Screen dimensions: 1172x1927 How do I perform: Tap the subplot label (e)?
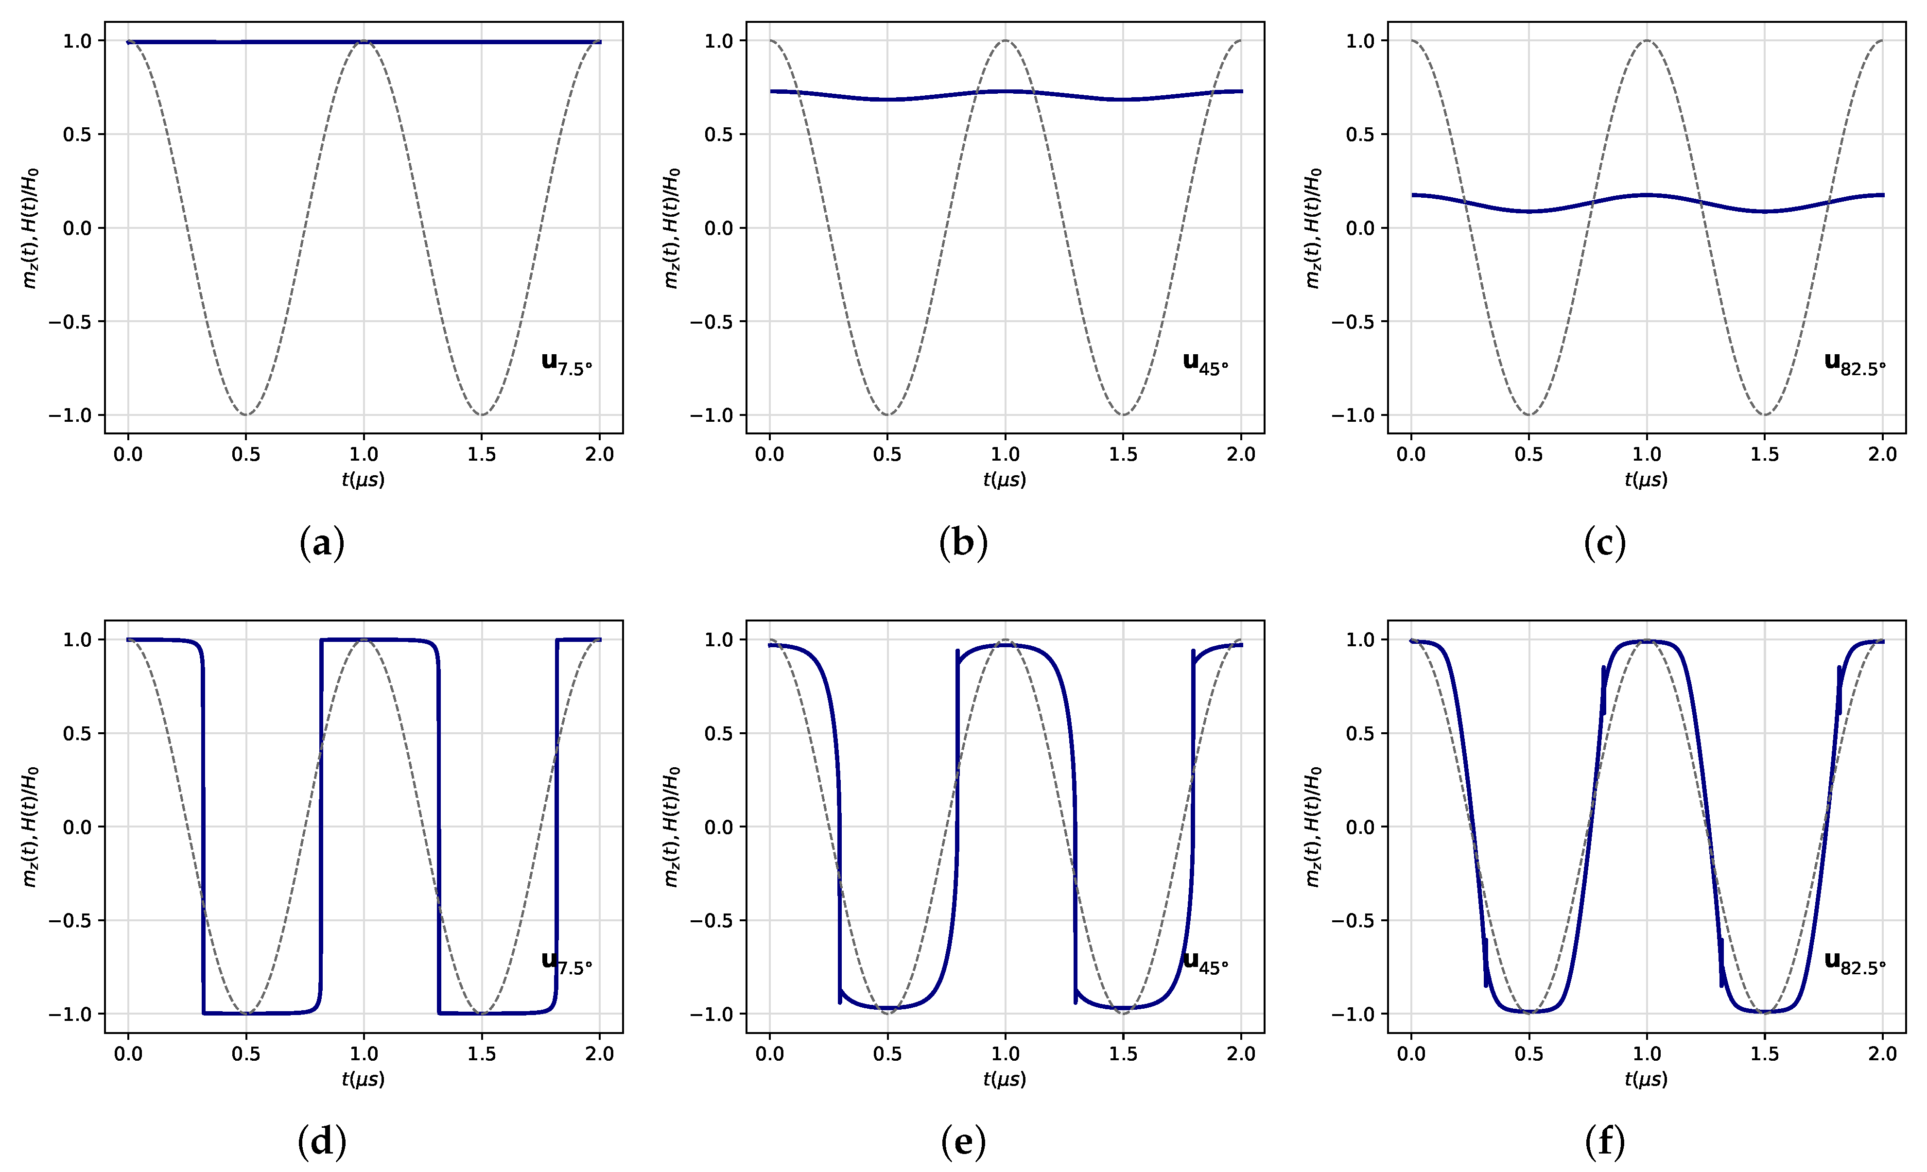(963, 1142)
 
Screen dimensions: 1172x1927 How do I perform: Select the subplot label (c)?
(1605, 543)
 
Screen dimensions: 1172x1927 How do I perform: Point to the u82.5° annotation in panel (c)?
(1854, 364)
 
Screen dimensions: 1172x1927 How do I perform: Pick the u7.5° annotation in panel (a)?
(566, 364)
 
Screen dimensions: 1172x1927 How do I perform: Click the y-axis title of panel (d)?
(30, 827)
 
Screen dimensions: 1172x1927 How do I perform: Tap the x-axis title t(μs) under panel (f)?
(1646, 1079)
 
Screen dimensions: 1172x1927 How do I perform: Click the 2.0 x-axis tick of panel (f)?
(1882, 1054)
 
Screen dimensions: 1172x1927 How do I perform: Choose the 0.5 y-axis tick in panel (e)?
(719, 733)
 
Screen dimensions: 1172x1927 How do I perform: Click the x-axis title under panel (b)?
(1004, 479)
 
